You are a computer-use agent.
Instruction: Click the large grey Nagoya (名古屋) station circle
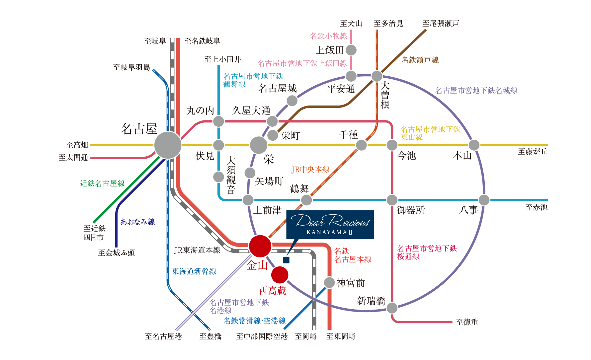point(168,145)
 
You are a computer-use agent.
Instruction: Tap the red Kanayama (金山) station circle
point(260,246)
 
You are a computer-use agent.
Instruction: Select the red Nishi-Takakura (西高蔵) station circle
point(280,275)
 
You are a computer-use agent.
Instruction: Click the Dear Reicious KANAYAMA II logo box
point(330,225)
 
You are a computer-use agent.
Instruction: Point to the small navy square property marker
point(286,260)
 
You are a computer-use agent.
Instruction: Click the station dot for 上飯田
point(351,50)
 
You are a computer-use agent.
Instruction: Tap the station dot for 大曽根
point(377,76)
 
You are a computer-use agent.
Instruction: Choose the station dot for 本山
point(474,145)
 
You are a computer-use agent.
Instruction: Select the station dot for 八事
point(484,200)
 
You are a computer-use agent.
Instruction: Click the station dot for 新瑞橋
point(392,308)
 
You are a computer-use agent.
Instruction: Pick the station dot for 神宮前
point(329,283)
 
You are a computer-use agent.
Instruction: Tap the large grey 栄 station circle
point(259,145)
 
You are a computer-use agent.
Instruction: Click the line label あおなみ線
point(138,222)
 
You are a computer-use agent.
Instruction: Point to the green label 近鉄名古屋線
point(103,183)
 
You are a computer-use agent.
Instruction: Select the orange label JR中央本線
point(310,170)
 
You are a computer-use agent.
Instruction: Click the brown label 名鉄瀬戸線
point(420,60)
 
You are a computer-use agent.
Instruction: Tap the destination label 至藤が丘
point(533,152)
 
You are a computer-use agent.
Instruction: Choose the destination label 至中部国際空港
point(262,336)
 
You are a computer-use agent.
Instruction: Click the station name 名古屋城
point(278,89)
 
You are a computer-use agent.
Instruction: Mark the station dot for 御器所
point(392,200)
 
